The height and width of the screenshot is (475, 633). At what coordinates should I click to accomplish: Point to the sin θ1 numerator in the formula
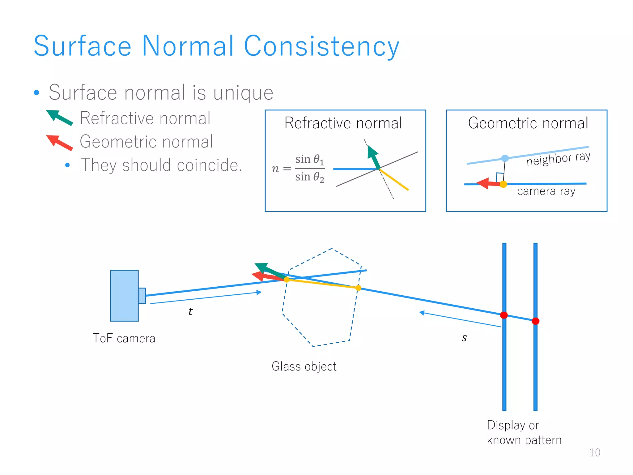(309, 160)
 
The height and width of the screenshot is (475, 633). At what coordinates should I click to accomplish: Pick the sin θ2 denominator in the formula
(309, 177)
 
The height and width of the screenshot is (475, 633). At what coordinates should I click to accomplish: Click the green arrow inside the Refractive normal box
(373, 157)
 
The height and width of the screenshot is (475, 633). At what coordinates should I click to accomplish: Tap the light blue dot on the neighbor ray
(505, 158)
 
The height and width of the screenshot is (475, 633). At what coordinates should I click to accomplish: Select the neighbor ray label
(558, 159)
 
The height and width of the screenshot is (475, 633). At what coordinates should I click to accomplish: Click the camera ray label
(546, 191)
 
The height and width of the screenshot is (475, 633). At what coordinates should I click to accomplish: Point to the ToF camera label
(124, 338)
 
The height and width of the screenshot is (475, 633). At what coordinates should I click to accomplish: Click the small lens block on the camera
(142, 296)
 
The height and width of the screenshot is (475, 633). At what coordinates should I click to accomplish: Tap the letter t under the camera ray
(190, 311)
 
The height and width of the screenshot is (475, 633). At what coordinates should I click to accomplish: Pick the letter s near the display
(464, 338)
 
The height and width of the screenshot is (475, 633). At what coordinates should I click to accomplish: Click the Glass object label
(304, 366)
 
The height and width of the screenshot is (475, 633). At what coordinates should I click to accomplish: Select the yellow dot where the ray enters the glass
(287, 280)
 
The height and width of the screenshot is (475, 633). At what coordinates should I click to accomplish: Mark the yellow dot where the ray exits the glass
(358, 288)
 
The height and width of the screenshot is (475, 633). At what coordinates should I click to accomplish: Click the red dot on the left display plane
(504, 315)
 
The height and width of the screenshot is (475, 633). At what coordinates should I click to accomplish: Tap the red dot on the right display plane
(535, 321)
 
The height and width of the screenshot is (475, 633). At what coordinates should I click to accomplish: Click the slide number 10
(595, 452)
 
